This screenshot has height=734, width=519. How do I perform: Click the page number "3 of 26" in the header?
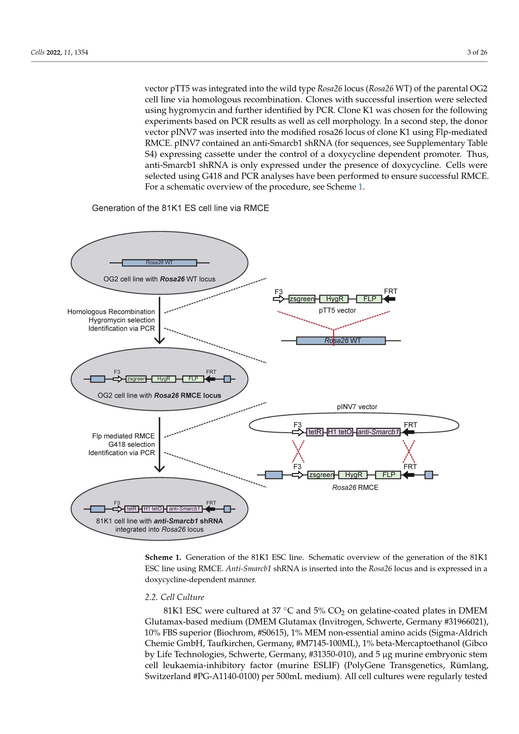coord(477,52)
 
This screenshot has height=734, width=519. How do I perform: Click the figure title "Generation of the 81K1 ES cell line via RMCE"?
coord(180,208)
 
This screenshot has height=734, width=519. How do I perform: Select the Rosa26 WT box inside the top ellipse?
coord(159,263)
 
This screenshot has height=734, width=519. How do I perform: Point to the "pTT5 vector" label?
coord(337,310)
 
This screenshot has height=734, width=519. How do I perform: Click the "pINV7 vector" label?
coord(357,407)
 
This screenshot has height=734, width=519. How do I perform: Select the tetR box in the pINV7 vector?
coord(315,432)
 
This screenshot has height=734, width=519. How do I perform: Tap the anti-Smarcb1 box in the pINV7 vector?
coord(378,432)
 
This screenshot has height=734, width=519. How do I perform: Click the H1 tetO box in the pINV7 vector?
coord(340,432)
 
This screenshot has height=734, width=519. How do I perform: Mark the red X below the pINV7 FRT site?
coord(409,451)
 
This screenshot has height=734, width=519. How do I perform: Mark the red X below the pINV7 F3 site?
coord(298,451)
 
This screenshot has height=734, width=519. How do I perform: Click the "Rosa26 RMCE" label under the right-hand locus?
coord(355,488)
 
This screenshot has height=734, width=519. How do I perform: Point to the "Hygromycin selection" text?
coord(121,320)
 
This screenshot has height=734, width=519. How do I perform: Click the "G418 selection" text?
coord(131,444)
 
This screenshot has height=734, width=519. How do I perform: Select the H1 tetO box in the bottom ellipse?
coord(152,509)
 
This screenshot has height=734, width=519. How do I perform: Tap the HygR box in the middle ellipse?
coord(163,379)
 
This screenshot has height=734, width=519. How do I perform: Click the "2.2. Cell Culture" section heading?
coord(174,597)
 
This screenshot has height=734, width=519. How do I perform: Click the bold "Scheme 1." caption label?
coord(163,558)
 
